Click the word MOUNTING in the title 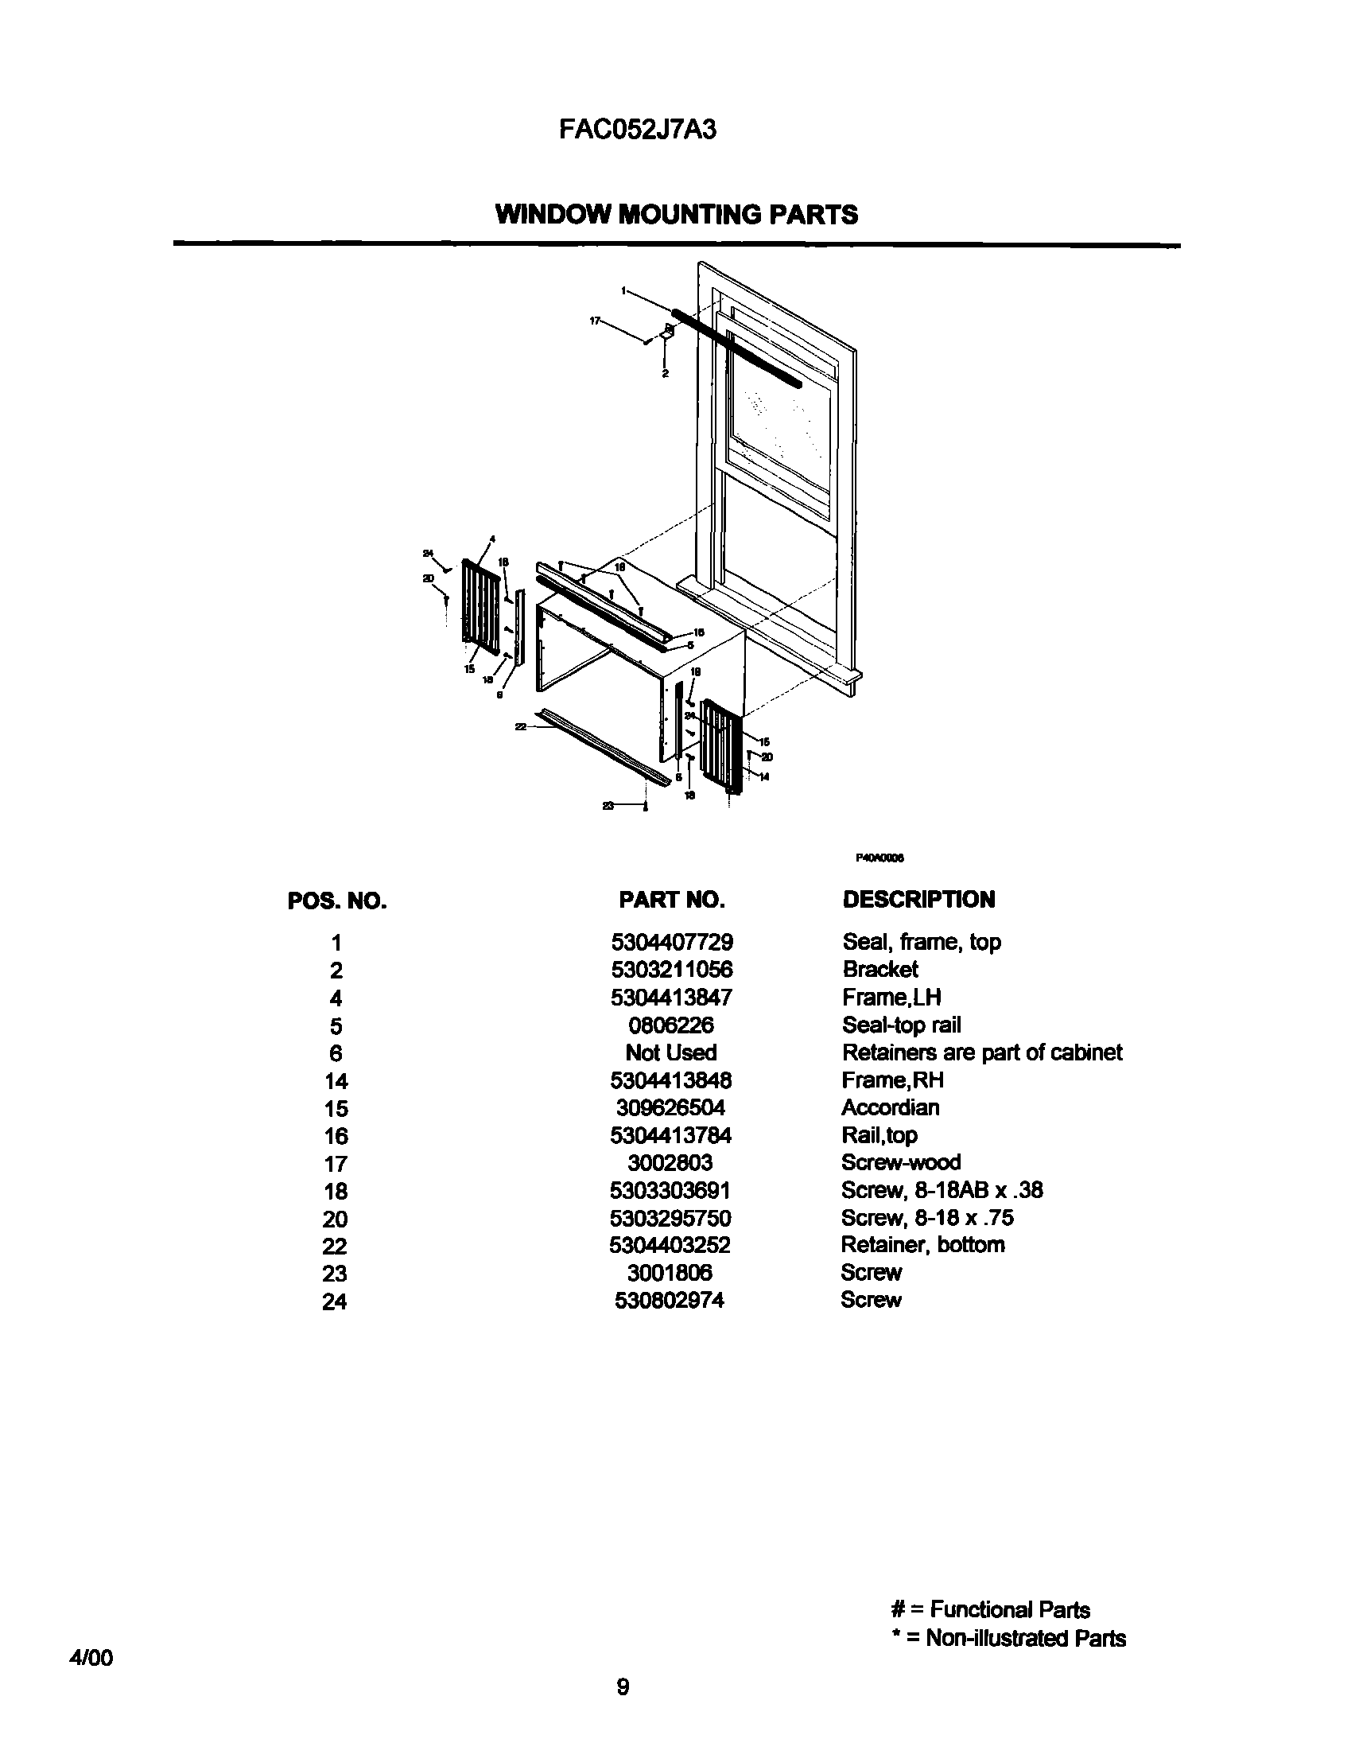[691, 214]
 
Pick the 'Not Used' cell [671, 1052]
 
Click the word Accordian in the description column [890, 1107]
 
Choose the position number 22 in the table [335, 1246]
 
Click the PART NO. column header [672, 900]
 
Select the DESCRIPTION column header [918, 900]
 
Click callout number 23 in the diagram [608, 806]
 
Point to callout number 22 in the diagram [522, 726]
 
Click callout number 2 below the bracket [665, 372]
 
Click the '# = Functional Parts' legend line [990, 1610]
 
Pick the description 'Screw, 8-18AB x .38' [942, 1190]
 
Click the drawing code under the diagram [880, 858]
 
